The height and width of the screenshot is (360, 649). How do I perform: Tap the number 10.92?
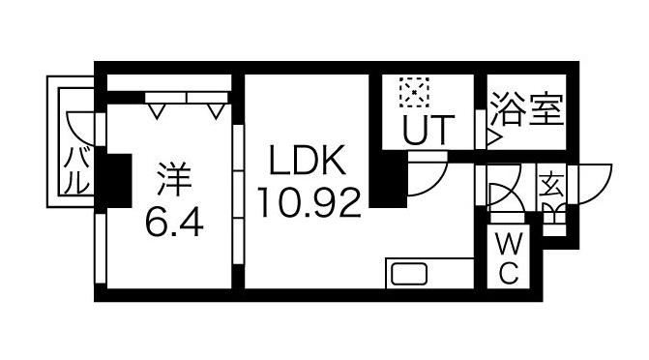tap(310, 202)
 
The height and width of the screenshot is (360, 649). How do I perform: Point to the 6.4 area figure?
tap(175, 224)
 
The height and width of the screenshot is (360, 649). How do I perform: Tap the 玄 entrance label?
tap(551, 183)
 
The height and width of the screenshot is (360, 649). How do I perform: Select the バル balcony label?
tap(75, 172)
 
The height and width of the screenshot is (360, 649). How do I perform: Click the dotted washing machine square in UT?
tap(414, 94)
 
